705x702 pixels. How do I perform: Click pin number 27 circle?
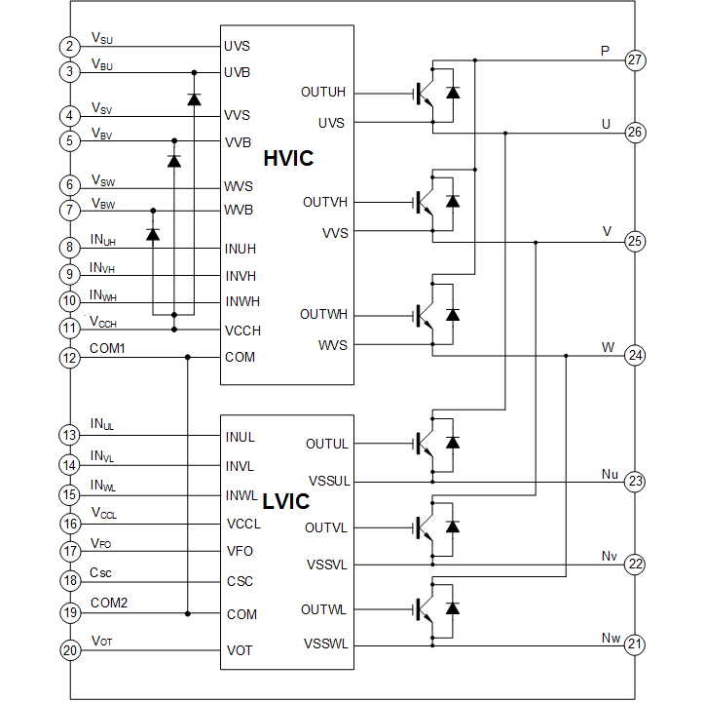click(x=635, y=60)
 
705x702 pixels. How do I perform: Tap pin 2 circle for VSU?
click(x=69, y=47)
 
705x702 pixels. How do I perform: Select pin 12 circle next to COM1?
click(x=69, y=358)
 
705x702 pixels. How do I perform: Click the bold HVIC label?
click(x=288, y=158)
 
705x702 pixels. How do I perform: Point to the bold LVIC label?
click(x=286, y=502)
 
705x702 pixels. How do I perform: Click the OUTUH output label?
click(x=323, y=93)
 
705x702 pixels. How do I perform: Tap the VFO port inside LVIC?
click(x=240, y=551)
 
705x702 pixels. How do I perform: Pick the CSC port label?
click(x=240, y=581)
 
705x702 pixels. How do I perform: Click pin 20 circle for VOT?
click(x=69, y=651)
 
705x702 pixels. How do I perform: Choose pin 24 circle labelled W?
click(x=635, y=356)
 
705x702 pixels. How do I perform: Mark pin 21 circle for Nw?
click(x=635, y=644)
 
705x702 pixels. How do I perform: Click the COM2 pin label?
click(x=109, y=603)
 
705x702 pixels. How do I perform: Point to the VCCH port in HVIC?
click(x=242, y=330)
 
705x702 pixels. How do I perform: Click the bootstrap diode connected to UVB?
click(x=194, y=99)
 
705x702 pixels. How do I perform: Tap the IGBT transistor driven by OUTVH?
click(x=426, y=202)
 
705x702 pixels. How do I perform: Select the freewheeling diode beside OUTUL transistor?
click(x=452, y=443)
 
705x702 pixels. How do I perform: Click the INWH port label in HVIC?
click(x=242, y=300)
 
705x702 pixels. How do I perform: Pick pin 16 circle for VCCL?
click(x=69, y=524)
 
